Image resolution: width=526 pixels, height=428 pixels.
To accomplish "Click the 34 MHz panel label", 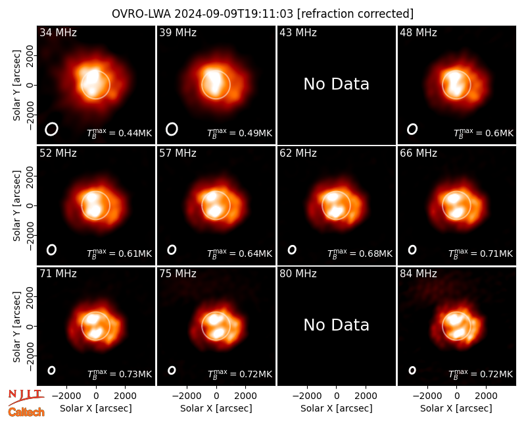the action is click(58, 32).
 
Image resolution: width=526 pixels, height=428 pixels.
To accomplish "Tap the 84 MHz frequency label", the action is click(418, 274).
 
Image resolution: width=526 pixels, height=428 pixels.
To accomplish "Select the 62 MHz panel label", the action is click(298, 153).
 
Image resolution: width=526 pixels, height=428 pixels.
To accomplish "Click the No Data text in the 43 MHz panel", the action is click(336, 84).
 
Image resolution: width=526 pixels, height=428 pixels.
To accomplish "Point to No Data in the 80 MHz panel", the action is click(336, 325).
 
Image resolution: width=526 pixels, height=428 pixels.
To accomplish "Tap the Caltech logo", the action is click(26, 412).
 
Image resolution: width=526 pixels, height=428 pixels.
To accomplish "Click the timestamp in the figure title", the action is click(234, 14).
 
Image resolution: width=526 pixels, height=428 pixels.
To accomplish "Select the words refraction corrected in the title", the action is click(355, 14).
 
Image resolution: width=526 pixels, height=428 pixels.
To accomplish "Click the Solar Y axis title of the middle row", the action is click(16, 205).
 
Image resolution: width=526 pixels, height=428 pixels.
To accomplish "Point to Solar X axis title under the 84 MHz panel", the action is click(456, 408).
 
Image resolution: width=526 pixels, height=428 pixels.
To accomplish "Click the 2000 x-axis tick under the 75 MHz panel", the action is click(245, 396).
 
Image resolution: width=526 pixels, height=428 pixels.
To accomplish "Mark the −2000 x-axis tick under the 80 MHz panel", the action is click(307, 396).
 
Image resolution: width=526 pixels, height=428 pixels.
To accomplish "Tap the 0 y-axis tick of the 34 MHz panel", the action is click(30, 85).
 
